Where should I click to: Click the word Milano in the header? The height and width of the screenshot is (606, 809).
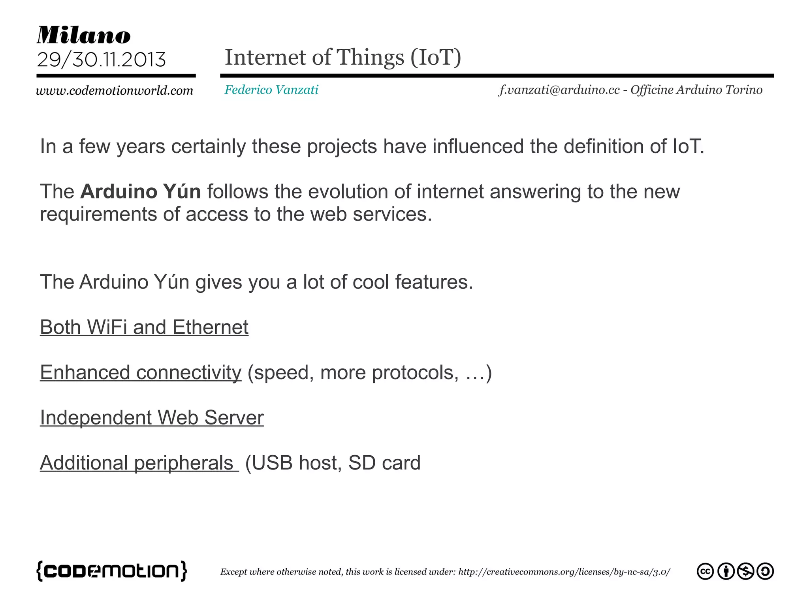pos(83,36)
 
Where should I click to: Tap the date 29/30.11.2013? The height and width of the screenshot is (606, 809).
pos(101,60)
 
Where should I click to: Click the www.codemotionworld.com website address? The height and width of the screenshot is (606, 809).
pos(114,91)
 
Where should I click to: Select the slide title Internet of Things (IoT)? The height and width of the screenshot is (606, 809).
pos(342,58)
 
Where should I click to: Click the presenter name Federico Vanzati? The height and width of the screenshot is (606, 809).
pos(271,90)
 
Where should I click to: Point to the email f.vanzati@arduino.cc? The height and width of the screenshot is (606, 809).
pos(559,90)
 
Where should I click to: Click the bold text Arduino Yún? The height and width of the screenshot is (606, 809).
pos(140,192)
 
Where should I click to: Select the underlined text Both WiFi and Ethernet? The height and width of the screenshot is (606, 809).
pos(144,327)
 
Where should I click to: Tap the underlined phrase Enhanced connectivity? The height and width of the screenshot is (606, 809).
pos(140,373)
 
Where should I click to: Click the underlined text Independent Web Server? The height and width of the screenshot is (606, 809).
pos(152,418)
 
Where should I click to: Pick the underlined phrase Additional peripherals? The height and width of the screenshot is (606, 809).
pos(137,463)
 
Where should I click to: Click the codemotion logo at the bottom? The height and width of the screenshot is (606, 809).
pos(112,571)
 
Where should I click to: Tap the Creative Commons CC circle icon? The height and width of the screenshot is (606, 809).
pos(705,571)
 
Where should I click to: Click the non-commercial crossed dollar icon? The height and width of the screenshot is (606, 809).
pos(745,571)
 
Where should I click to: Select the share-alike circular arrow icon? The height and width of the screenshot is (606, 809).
pos(765,571)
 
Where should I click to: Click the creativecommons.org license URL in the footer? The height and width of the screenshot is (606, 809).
pos(564,572)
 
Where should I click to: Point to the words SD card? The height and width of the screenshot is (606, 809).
pos(384,463)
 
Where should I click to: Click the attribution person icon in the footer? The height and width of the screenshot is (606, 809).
pos(726,571)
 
